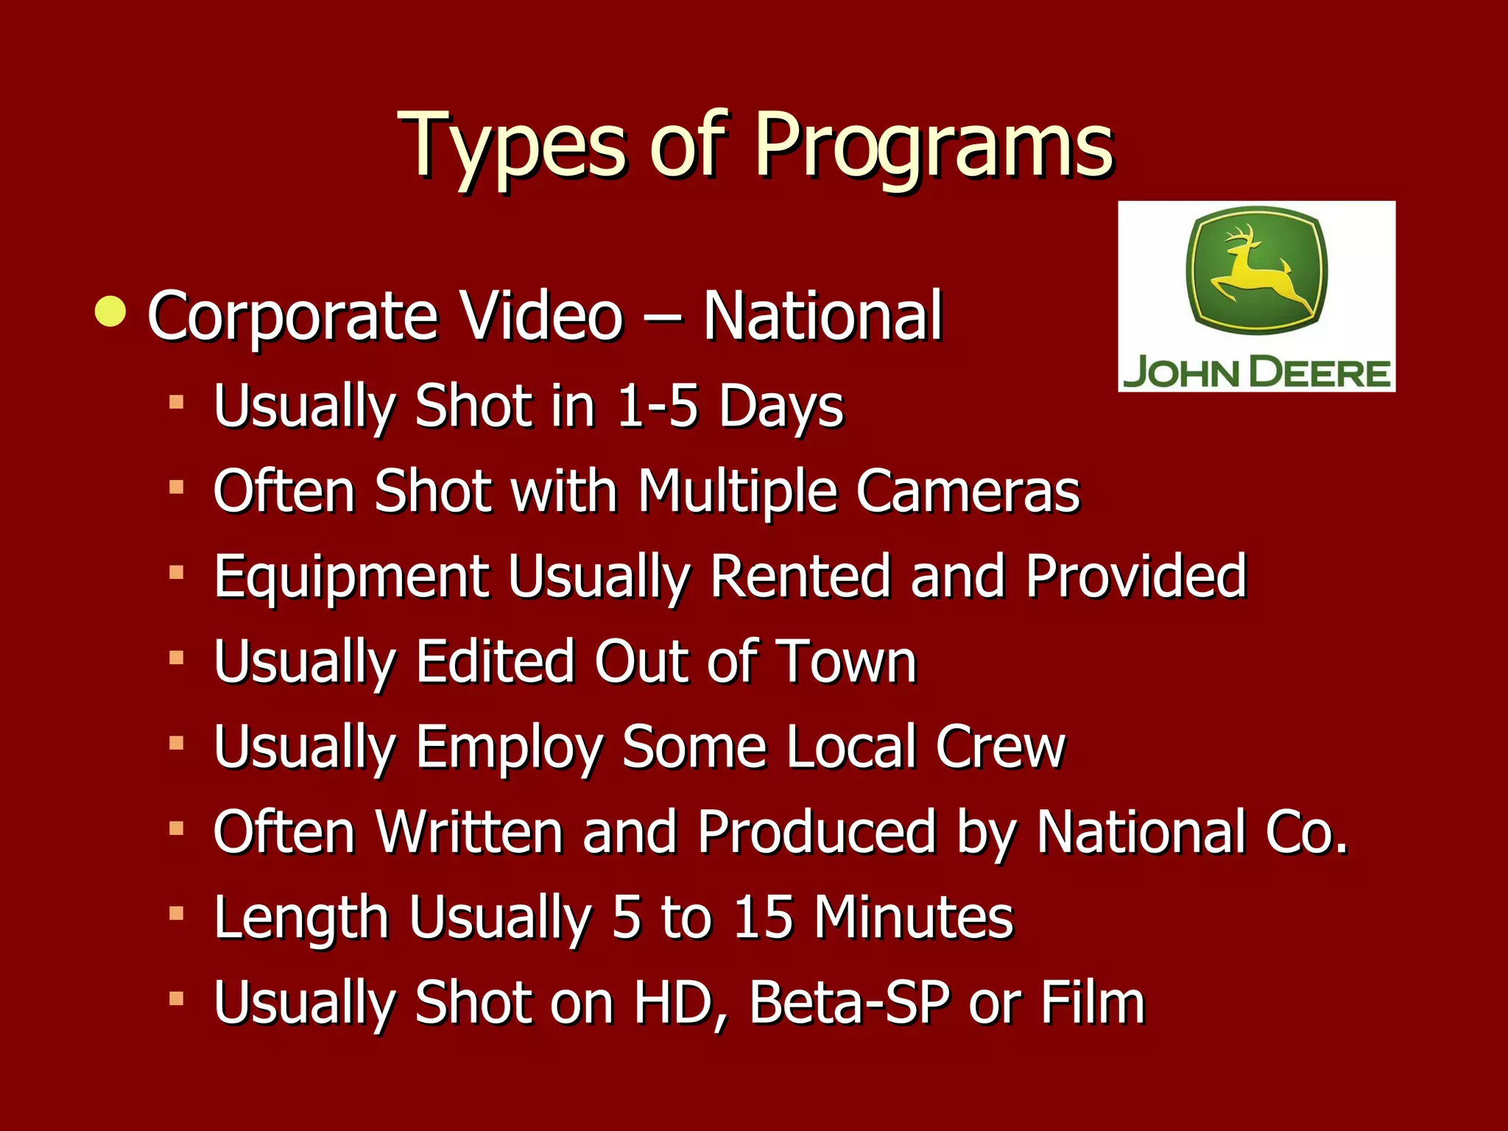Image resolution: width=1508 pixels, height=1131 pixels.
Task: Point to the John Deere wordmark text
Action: (1256, 373)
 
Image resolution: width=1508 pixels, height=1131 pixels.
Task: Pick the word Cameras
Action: (968, 491)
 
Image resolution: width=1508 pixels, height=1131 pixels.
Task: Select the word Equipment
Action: (351, 577)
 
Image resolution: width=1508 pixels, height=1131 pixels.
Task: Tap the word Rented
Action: (800, 576)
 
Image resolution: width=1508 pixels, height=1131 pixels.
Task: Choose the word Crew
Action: (1000, 747)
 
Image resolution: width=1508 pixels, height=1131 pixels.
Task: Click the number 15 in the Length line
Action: (764, 917)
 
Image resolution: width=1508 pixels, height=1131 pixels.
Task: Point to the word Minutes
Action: (914, 917)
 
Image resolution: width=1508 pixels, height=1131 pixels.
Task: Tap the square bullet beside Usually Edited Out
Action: (176, 657)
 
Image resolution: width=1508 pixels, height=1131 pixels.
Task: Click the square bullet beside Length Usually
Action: (176, 914)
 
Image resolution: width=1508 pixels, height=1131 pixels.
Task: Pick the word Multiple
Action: (736, 491)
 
